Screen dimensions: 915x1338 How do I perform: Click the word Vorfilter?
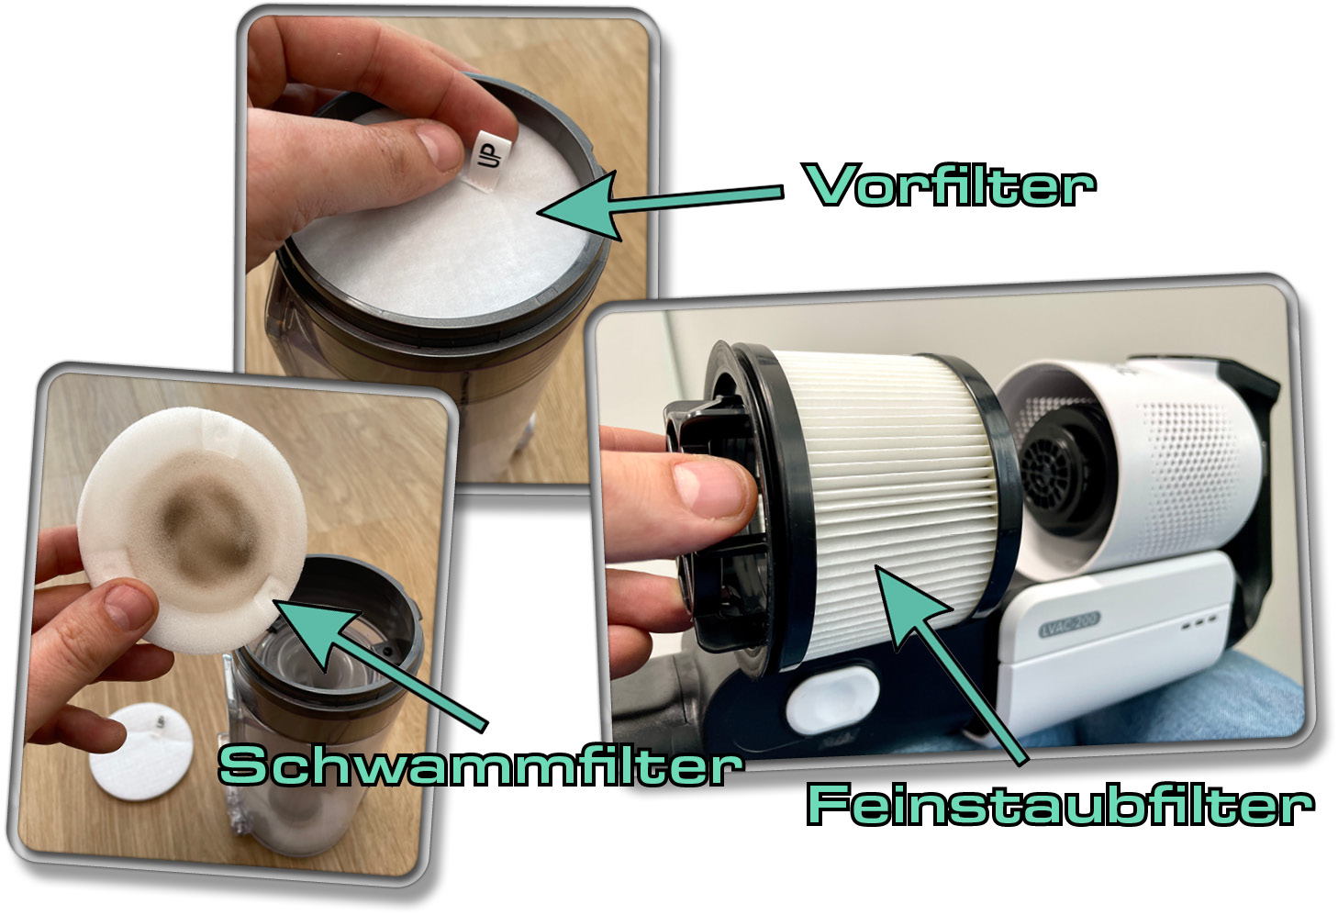[x=950, y=185]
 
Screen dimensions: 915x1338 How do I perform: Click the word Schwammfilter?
[x=479, y=765]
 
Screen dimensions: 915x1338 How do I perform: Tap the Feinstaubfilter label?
[x=1060, y=805]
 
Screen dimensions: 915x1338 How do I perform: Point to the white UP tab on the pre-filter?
[x=490, y=156]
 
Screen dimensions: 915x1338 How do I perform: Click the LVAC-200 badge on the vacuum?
[x=1069, y=624]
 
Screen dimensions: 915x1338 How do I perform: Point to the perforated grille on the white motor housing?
[x=1184, y=459]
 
